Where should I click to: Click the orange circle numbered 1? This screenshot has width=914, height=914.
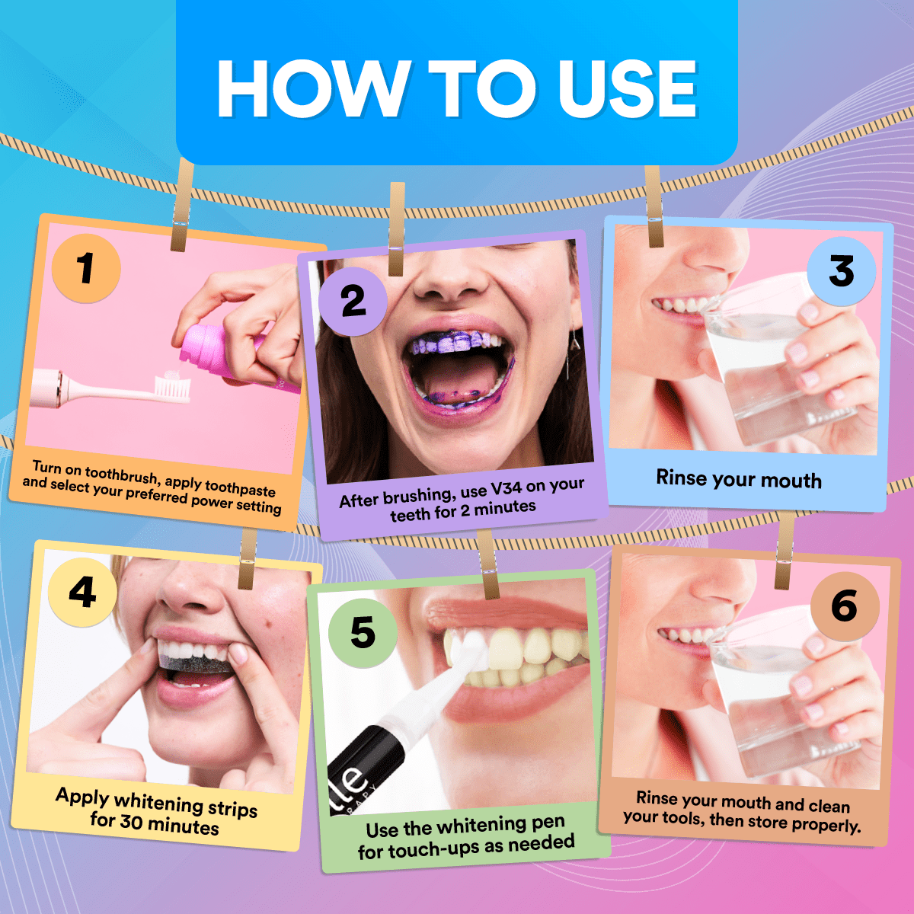tap(86, 268)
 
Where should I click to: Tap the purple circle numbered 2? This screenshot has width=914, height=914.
tap(353, 302)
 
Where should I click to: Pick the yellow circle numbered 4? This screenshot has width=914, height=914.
tap(82, 593)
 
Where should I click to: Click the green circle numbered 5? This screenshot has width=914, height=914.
tap(363, 633)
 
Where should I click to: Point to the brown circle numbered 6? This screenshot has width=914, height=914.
tap(845, 606)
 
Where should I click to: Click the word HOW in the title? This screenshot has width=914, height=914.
tap(313, 89)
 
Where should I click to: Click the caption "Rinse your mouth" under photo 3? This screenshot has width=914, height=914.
tap(739, 479)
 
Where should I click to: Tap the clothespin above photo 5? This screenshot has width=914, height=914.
tap(488, 564)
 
